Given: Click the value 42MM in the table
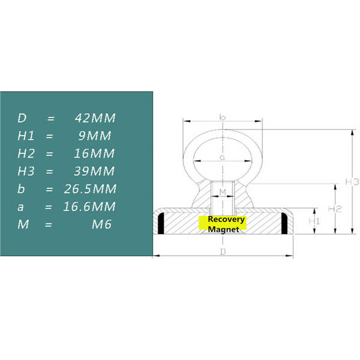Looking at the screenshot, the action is (95, 118).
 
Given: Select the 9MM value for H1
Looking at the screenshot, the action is (95, 136).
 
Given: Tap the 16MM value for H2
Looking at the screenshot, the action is (94, 154).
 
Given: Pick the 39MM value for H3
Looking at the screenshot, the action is (94, 171).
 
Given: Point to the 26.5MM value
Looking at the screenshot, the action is (90, 189).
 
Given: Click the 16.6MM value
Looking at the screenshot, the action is (89, 206).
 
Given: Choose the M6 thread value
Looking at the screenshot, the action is (102, 224).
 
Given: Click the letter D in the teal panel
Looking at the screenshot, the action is (22, 118).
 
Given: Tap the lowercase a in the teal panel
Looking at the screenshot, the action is (20, 208).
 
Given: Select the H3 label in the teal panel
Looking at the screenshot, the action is (26, 171).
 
